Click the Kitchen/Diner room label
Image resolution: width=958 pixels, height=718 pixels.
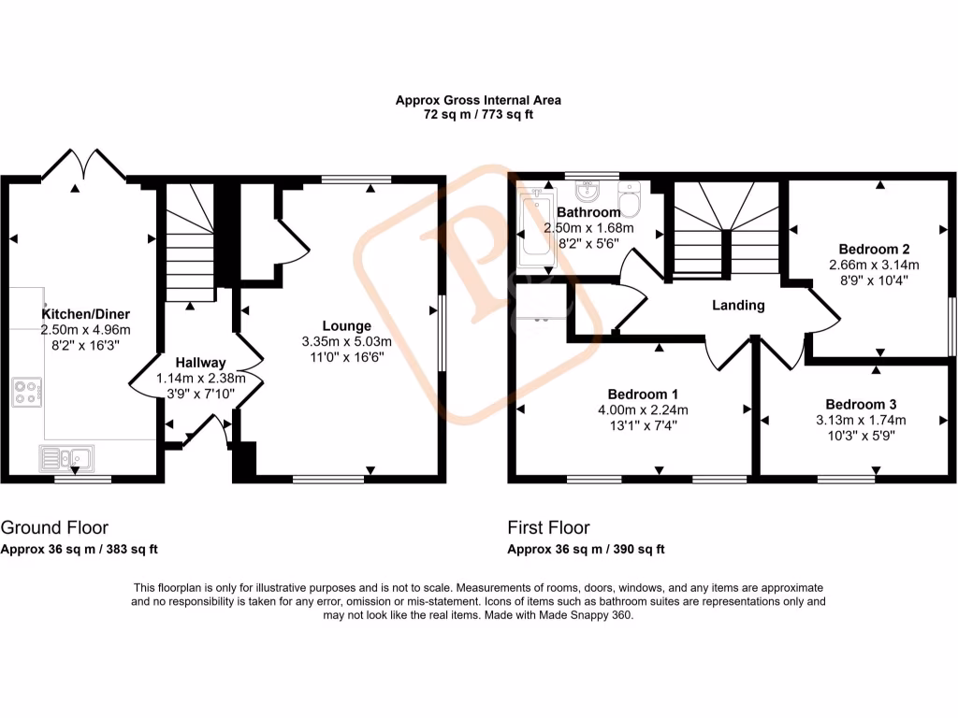click(85, 314)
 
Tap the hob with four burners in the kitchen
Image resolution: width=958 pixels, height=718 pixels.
click(27, 392)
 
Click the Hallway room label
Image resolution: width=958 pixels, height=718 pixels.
click(200, 363)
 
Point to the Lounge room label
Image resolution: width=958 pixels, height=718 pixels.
click(347, 326)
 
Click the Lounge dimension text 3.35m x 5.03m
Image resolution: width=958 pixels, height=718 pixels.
click(347, 341)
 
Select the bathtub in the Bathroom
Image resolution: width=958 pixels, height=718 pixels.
click(537, 231)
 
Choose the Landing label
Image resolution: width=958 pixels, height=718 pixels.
click(738, 305)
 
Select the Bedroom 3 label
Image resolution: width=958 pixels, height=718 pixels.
click(861, 404)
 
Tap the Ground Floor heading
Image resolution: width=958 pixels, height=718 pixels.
click(54, 528)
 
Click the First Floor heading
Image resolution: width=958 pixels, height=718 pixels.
click(549, 528)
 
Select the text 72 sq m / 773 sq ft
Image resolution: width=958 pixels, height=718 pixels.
click(478, 114)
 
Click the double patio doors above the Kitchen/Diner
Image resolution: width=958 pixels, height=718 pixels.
click(84, 166)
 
